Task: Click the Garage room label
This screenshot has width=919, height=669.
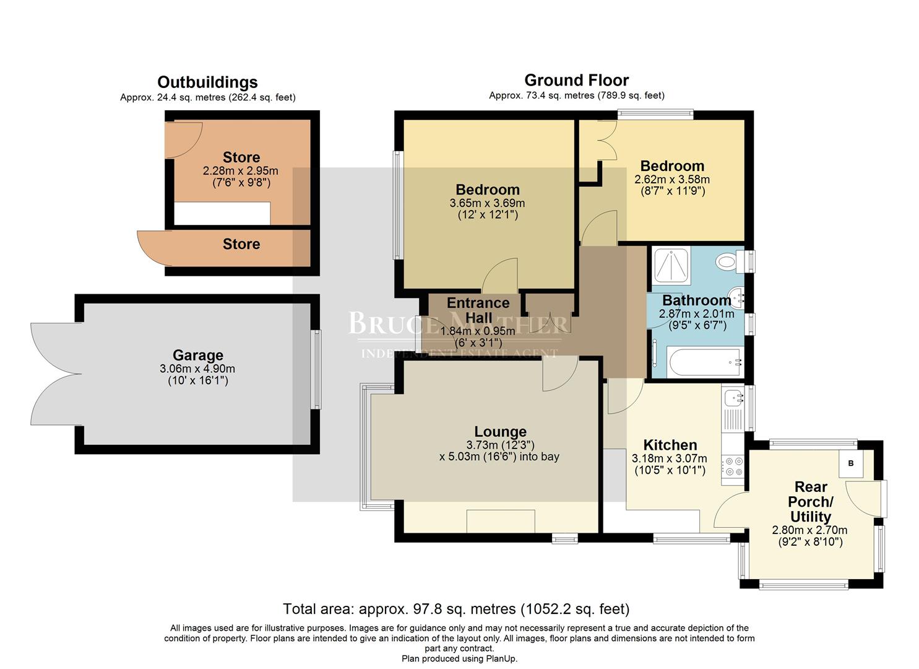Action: point(197,356)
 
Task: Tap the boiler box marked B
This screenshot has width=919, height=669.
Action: point(851,463)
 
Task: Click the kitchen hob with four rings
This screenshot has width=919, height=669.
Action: point(733,466)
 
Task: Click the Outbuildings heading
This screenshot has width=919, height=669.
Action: point(207,82)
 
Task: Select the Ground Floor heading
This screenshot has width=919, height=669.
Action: point(576,81)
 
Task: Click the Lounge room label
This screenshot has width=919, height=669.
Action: point(500,432)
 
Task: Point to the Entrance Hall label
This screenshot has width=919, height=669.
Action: point(478,310)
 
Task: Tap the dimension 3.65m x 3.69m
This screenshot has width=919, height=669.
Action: point(487,203)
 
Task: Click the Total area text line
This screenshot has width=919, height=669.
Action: point(456,609)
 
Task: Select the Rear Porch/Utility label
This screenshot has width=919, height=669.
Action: point(810,502)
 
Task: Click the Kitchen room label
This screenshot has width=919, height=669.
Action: point(670,445)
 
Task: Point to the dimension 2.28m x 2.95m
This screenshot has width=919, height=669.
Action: point(241,171)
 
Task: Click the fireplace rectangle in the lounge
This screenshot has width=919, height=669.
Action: point(500,520)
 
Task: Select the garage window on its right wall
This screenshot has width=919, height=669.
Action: point(317,369)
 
